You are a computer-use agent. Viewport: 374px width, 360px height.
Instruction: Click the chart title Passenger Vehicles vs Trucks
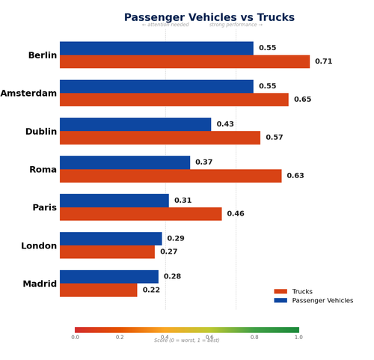(x=209, y=17)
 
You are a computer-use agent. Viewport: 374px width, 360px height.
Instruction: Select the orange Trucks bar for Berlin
(x=185, y=61)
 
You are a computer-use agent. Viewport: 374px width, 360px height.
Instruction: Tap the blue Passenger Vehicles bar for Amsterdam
(x=156, y=86)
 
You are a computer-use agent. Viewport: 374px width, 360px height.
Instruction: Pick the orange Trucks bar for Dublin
(x=160, y=138)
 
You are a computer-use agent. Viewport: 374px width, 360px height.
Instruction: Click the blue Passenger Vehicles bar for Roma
(x=125, y=162)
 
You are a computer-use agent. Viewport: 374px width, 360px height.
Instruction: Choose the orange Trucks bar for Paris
(x=141, y=214)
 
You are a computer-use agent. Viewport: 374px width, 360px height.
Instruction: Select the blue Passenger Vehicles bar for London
(x=111, y=239)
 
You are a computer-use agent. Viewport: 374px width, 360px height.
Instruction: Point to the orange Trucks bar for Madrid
(x=99, y=290)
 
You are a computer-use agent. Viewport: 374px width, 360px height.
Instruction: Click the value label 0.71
(x=324, y=61)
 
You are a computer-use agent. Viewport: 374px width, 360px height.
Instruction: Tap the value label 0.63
(x=295, y=176)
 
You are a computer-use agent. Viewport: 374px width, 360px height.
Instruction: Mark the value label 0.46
(x=236, y=214)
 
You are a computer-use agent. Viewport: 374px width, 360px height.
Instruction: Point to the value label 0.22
(x=151, y=290)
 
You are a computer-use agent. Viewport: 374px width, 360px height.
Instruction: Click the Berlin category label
(x=42, y=55)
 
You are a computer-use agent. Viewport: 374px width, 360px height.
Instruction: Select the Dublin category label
(x=40, y=132)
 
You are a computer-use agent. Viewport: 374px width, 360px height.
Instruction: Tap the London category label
(x=39, y=245)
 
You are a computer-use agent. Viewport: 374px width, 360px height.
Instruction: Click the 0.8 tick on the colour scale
(x=254, y=338)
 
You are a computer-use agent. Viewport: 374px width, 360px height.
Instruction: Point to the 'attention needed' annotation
(x=165, y=25)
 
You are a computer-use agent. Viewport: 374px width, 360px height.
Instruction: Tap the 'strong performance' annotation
(x=236, y=25)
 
